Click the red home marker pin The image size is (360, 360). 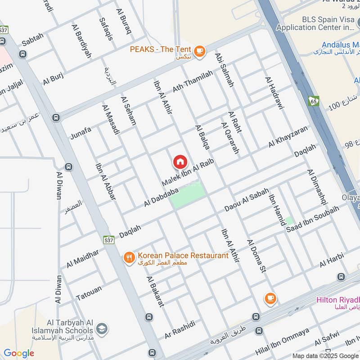(180, 162)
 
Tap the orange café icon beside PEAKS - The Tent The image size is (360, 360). (200, 51)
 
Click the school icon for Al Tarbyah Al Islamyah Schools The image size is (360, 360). (102, 328)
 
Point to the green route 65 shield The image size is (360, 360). (314, 101)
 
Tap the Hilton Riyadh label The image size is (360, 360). (338, 300)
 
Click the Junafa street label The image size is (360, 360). (81, 132)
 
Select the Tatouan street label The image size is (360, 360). (89, 292)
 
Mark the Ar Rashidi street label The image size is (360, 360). (180, 330)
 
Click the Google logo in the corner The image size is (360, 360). (19, 353)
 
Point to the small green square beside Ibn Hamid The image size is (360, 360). (289, 221)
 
